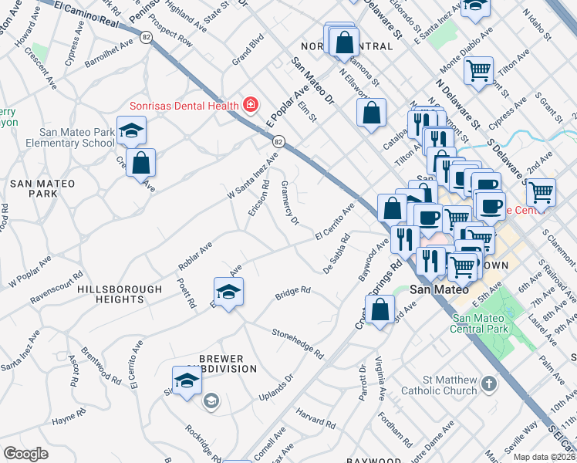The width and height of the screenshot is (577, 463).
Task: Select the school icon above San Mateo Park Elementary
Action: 131,130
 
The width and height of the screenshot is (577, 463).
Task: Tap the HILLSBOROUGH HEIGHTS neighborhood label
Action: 120,294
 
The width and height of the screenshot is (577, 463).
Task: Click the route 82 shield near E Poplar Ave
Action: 279,141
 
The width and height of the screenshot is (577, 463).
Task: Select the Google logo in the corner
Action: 25,454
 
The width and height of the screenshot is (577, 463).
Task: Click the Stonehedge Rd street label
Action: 297,343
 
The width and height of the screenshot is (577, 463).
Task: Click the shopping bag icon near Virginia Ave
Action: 380,311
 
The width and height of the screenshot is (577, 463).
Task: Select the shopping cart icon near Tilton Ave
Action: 478,71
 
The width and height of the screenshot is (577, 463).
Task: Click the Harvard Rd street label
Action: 314,417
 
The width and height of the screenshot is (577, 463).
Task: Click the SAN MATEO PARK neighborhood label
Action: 42,188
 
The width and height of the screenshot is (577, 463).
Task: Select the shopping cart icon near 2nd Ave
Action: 541,191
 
